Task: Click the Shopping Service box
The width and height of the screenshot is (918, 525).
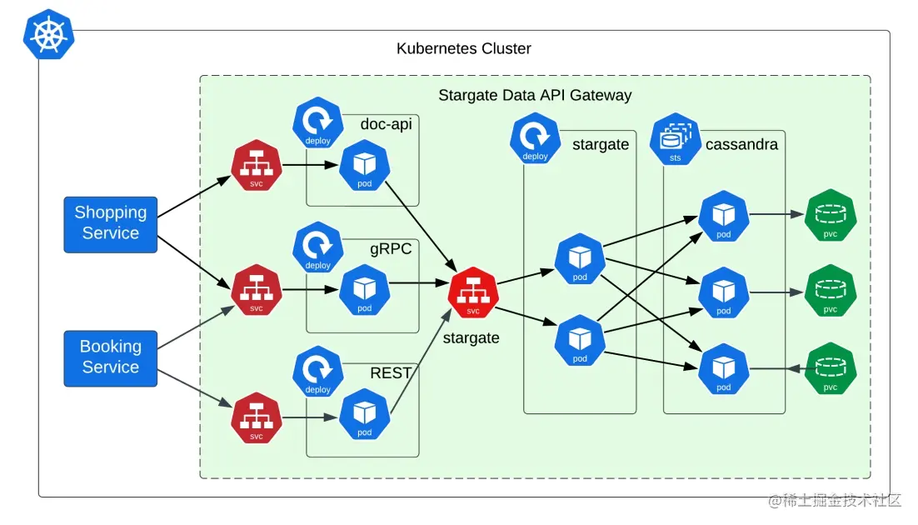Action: coord(111,224)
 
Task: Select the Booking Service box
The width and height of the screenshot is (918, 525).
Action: coord(111,357)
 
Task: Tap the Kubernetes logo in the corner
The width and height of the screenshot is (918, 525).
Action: coord(48,35)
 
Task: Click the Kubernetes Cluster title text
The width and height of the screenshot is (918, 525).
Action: coord(463,48)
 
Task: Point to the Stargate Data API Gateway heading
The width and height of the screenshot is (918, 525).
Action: coord(535,95)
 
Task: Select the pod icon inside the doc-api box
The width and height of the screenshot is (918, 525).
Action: coord(364,166)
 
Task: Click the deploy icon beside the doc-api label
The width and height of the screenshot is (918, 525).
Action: coord(317,122)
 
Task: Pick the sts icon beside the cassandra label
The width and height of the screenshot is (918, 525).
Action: coord(676,138)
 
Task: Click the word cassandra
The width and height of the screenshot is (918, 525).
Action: coord(741,145)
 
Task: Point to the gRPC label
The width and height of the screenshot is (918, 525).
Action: coord(391,248)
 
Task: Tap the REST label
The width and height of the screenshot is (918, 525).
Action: coord(391,373)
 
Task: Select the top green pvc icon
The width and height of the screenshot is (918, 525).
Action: coord(830,216)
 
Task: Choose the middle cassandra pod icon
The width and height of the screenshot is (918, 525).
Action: coord(723,292)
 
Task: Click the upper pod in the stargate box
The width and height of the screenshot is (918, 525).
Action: coord(580,259)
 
